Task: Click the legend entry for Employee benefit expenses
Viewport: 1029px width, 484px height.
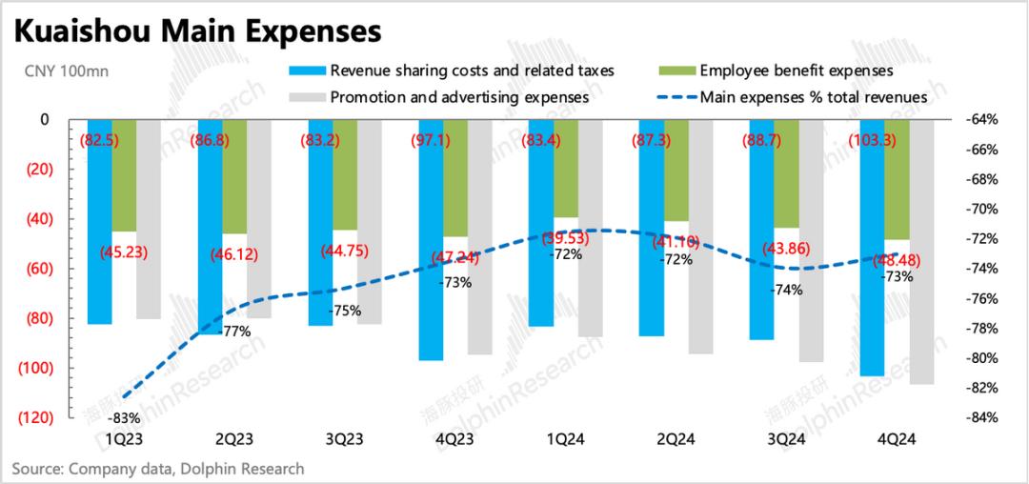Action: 796,71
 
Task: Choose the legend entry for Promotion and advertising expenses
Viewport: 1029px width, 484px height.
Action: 458,96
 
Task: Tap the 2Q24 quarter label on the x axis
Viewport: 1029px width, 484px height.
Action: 676,439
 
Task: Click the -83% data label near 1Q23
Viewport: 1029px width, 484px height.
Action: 124,417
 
